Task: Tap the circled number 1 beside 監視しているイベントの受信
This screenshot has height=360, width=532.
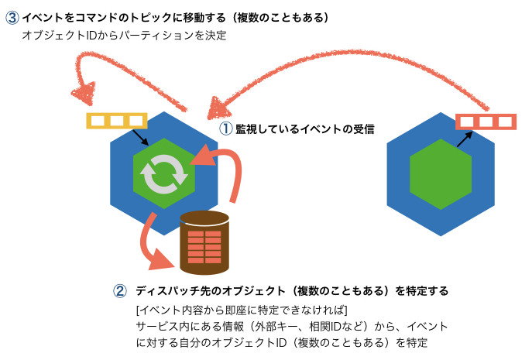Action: pyautogui.click(x=226, y=129)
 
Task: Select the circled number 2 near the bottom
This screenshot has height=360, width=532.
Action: pyautogui.click(x=120, y=291)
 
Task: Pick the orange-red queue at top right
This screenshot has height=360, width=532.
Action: pyautogui.click(x=486, y=122)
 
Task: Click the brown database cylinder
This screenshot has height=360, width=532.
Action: pyautogui.click(x=204, y=242)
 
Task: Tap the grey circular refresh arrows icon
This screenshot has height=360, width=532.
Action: pyautogui.click(x=163, y=173)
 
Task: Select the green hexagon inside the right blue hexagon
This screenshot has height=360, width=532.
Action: pyautogui.click(x=440, y=173)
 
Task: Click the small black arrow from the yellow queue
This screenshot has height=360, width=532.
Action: pyautogui.click(x=141, y=138)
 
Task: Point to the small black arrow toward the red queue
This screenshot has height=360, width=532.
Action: pyautogui.click(x=462, y=138)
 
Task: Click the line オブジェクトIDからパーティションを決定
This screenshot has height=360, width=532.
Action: pyautogui.click(x=124, y=36)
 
